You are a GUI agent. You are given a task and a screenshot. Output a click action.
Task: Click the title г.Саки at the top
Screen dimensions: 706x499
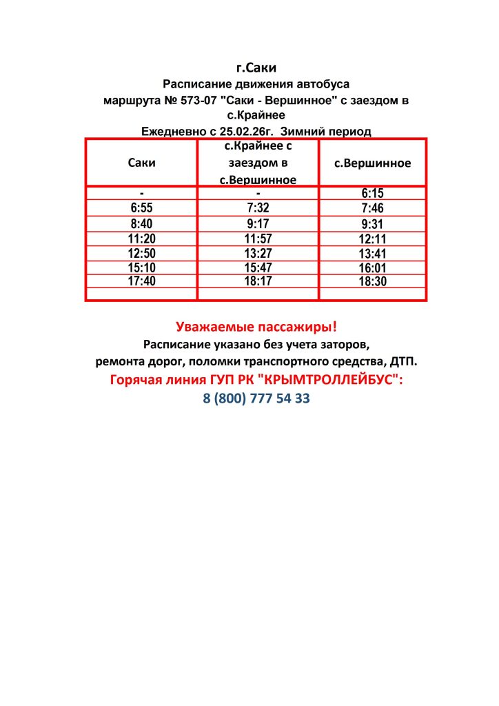click(256, 68)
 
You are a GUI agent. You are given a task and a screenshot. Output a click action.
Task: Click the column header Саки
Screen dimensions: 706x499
click(142, 163)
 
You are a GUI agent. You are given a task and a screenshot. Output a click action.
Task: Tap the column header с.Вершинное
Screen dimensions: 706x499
click(372, 163)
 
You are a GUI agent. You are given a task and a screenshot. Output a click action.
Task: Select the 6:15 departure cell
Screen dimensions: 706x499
click(372, 194)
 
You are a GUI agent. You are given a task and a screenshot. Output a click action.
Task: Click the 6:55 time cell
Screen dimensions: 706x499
click(141, 208)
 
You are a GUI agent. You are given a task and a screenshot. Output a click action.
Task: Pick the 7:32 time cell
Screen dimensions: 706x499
click(258, 208)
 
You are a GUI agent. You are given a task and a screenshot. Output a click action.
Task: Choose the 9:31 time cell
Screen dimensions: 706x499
click(372, 224)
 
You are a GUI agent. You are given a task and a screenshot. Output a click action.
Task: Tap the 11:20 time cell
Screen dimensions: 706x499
click(143, 239)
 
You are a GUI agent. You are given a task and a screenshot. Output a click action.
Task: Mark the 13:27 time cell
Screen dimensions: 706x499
click(258, 253)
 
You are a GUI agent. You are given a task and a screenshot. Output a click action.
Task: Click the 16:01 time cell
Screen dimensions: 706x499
click(372, 268)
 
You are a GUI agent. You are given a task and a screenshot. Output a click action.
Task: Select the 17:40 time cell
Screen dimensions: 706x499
click(143, 281)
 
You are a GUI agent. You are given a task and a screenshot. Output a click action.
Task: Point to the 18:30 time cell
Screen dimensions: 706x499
click(372, 282)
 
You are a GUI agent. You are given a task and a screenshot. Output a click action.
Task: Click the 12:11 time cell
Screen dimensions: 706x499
click(372, 239)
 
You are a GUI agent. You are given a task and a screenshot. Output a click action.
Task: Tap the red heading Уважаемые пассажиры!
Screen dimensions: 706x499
click(256, 327)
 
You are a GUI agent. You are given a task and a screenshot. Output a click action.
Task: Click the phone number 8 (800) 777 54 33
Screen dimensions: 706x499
click(256, 399)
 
